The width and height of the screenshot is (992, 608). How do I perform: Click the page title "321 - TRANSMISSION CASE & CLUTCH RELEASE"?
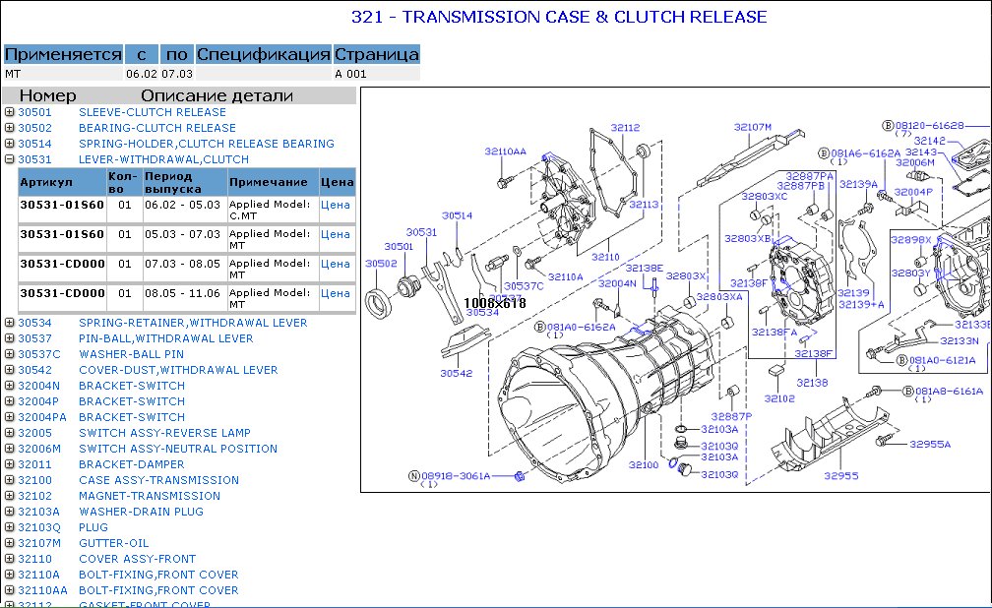click(559, 17)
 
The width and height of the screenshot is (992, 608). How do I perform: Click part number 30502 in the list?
click(34, 128)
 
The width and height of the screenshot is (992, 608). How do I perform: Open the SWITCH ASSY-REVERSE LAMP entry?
click(164, 433)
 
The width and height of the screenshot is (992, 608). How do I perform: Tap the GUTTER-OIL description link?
click(113, 543)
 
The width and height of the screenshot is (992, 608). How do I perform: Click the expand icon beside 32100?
click(9, 480)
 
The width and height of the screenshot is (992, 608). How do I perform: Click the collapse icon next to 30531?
click(9, 159)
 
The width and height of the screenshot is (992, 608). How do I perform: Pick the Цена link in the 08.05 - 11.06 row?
click(336, 293)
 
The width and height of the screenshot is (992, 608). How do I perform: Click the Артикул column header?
click(46, 182)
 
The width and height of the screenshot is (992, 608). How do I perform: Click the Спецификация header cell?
click(263, 54)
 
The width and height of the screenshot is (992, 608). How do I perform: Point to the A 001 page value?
click(350, 74)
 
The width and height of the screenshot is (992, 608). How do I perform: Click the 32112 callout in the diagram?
click(625, 128)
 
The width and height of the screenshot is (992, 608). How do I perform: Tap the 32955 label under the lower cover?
click(841, 476)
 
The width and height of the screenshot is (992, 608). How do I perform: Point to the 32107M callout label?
click(753, 127)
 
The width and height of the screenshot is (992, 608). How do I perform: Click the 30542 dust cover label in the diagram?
click(457, 374)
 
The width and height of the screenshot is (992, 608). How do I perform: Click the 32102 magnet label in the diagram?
click(779, 399)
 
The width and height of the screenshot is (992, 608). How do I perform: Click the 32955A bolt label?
click(930, 445)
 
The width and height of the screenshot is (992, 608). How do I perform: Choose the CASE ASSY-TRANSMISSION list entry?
click(158, 480)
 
